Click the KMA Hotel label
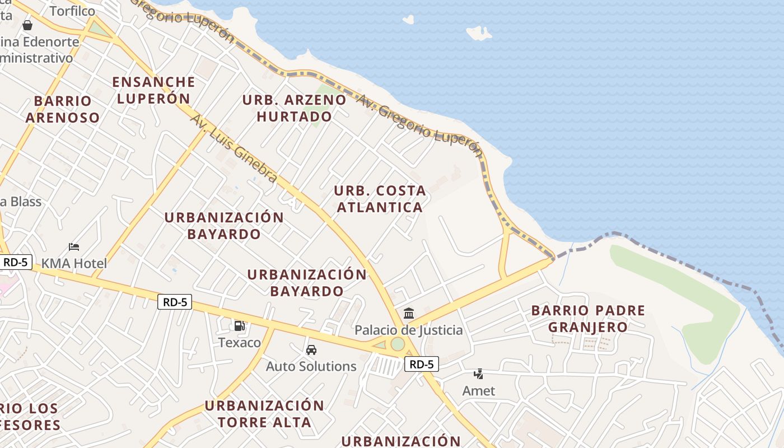point(74,263)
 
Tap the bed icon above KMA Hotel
point(74,247)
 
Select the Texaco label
point(239,342)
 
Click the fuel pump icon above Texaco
point(239,325)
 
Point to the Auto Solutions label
point(311,366)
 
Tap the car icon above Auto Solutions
point(311,350)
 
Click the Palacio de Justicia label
point(409,330)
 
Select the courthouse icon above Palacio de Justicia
point(409,313)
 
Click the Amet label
point(479,391)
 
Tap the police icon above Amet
point(479,374)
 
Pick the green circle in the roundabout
point(398,344)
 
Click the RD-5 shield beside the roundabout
point(421,365)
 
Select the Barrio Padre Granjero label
point(588,318)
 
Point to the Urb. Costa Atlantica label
point(380,199)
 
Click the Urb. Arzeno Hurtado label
point(295,108)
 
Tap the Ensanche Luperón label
point(153,90)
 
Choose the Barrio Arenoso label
point(62,109)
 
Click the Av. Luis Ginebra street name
point(234,148)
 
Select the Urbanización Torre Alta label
point(264,413)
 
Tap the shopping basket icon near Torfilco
point(27,25)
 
